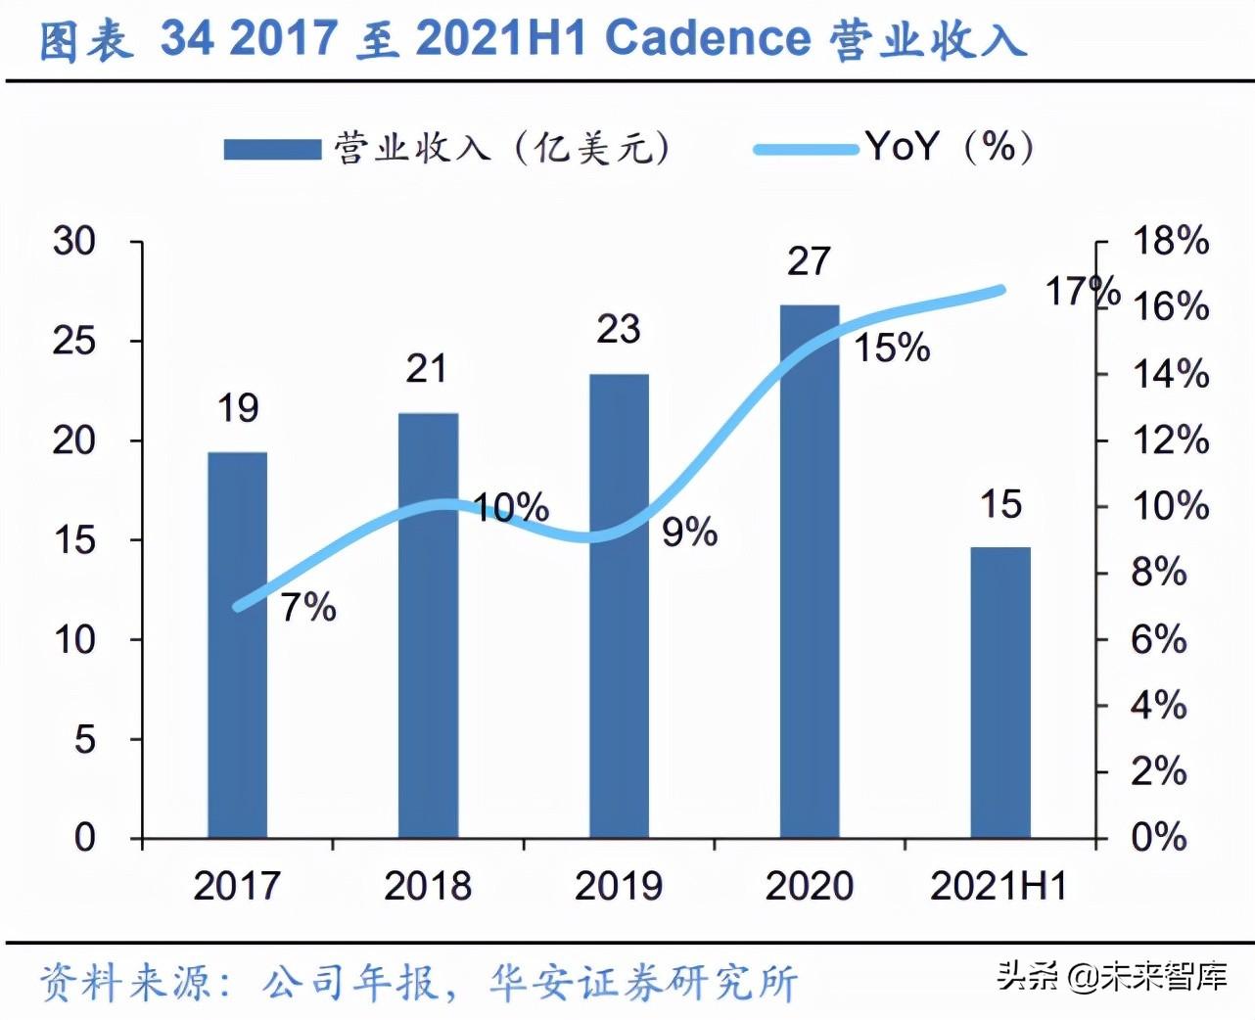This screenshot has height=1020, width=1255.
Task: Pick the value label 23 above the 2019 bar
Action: click(x=619, y=330)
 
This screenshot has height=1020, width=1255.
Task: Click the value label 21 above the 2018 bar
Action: click(x=427, y=369)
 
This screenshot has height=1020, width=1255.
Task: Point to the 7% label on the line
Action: click(x=308, y=608)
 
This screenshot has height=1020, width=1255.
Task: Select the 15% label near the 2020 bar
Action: click(x=892, y=348)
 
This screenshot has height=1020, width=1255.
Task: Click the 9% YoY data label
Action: click(x=689, y=533)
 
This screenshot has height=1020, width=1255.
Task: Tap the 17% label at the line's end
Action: click(x=1082, y=291)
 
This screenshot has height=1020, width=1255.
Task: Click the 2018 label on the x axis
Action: click(x=428, y=886)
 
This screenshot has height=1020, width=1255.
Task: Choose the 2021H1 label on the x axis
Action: click(x=999, y=886)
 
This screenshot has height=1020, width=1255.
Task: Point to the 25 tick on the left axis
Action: click(x=75, y=341)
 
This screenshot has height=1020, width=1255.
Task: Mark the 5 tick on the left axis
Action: click(x=85, y=739)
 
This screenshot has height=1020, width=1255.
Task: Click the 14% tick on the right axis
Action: click(x=1171, y=374)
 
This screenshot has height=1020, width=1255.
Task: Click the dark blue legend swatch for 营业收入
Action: click(x=272, y=149)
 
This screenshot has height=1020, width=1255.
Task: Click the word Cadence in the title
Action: click(x=707, y=39)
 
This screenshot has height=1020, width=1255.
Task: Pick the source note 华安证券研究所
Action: click(x=643, y=983)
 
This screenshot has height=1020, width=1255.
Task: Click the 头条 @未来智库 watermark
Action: click(x=1111, y=976)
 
